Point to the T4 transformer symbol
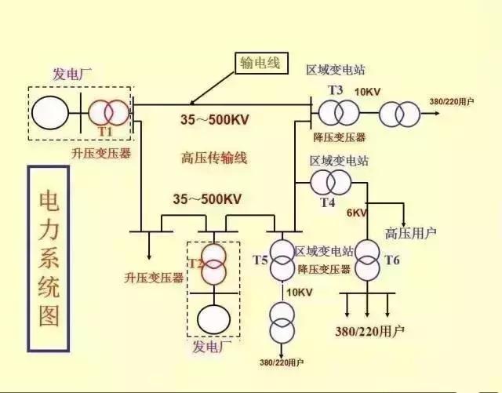(330, 183)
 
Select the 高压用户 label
(410, 233)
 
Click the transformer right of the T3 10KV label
(399, 115)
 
